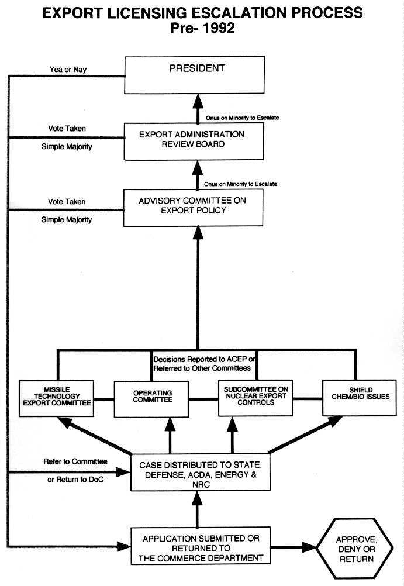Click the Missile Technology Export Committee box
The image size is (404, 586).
(56, 398)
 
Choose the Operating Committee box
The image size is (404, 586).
(151, 398)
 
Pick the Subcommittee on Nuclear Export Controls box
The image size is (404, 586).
(255, 398)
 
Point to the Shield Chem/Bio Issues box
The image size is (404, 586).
(357, 398)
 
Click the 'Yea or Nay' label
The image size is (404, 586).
(68, 70)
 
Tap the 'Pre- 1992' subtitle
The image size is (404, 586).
(202, 27)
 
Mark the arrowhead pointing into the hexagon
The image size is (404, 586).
(310, 547)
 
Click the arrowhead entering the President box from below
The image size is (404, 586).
(197, 100)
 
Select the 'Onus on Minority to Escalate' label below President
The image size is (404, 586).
(242, 118)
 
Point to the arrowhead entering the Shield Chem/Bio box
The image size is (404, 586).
(337, 420)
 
